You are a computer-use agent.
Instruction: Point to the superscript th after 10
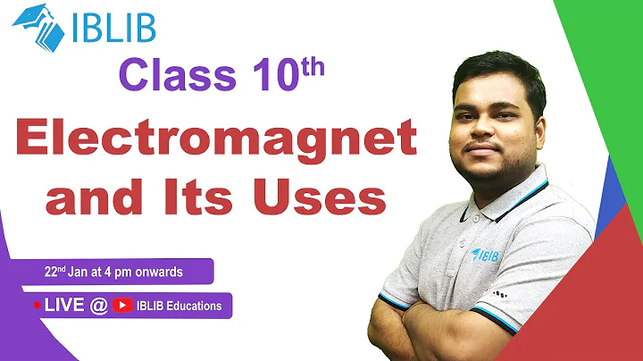coord(307,65)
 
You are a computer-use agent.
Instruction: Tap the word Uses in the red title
coord(321,197)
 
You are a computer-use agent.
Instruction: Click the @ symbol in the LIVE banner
coord(98,306)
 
